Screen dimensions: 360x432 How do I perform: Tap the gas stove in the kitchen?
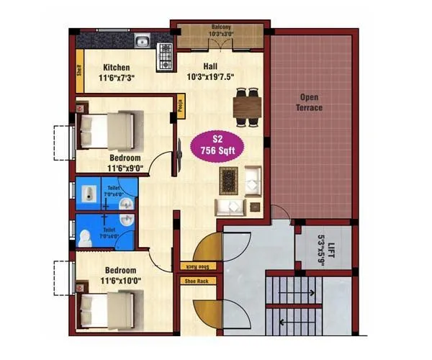164,51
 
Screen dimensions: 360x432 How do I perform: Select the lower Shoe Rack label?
196,281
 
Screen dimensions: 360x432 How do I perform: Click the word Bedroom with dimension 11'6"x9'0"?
125,158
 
